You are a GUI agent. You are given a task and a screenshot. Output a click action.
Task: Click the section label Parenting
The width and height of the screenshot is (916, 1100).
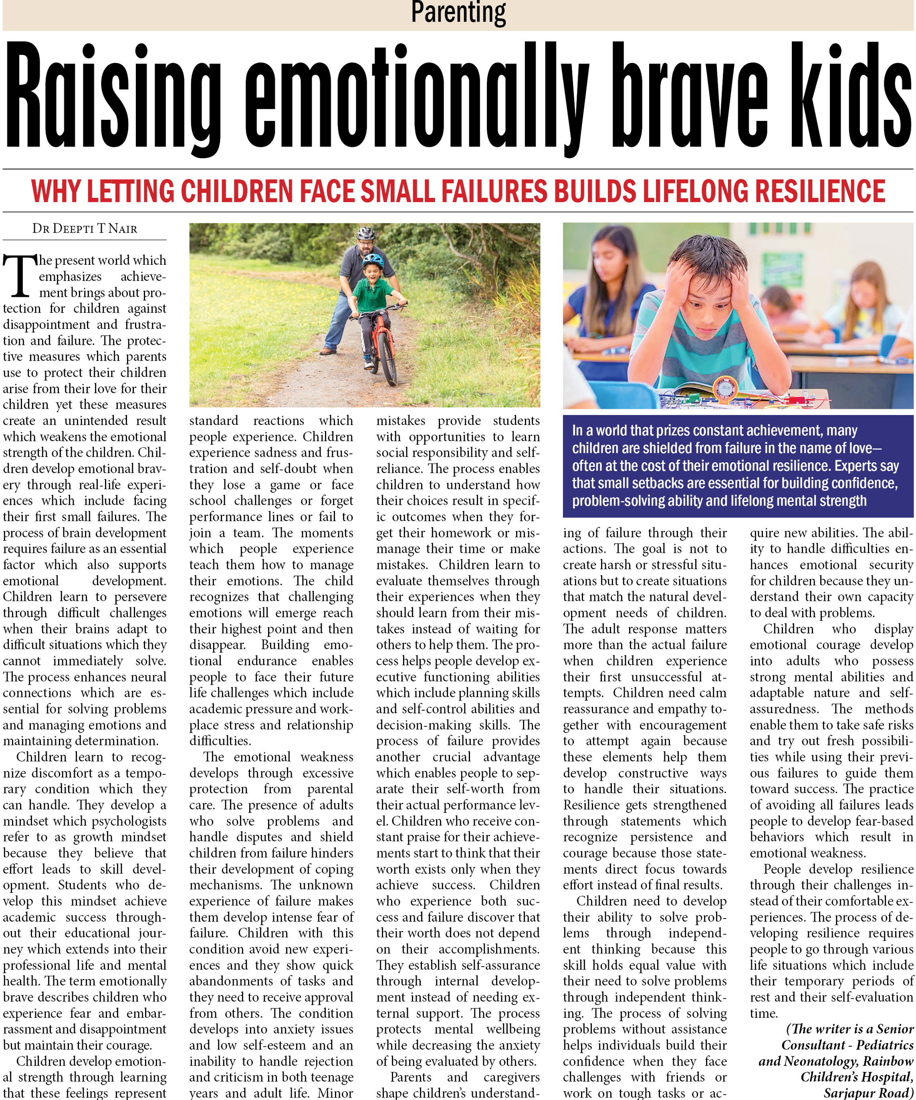pos(458,12)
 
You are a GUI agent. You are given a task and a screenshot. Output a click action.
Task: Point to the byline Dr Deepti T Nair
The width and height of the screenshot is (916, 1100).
pos(85,228)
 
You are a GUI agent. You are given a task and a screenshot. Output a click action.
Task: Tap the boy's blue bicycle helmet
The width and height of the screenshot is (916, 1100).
pos(373,260)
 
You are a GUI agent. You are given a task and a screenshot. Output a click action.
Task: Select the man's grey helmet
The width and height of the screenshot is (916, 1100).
pos(366,233)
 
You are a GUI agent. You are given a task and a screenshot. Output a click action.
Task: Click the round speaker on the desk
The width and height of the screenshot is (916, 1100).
pos(725,388)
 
